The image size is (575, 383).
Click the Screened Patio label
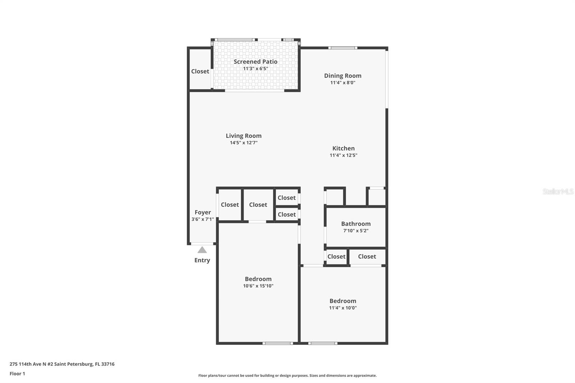click(x=255, y=61)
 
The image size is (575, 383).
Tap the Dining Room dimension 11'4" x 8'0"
click(x=343, y=83)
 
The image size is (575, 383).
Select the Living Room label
click(x=243, y=136)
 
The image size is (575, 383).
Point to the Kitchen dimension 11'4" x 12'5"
click(x=343, y=155)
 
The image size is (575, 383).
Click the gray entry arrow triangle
click(x=202, y=250)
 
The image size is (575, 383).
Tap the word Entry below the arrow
click(x=202, y=260)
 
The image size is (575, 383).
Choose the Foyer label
click(x=203, y=212)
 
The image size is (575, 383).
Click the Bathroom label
click(x=356, y=224)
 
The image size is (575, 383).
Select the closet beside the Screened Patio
click(x=200, y=71)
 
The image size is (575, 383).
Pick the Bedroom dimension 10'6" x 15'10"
click(x=258, y=286)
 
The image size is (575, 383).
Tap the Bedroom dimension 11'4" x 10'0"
click(x=343, y=308)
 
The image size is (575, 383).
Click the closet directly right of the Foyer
click(x=230, y=205)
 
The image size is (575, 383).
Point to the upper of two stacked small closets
click(x=286, y=198)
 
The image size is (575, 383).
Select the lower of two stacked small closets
click(x=286, y=214)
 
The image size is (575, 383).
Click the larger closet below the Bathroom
click(x=367, y=257)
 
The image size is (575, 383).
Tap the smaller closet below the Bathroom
click(x=336, y=257)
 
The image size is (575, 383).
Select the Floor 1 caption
click(x=17, y=374)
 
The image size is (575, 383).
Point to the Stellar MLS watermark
click(x=558, y=191)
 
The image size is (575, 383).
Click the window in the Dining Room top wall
click(x=342, y=48)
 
